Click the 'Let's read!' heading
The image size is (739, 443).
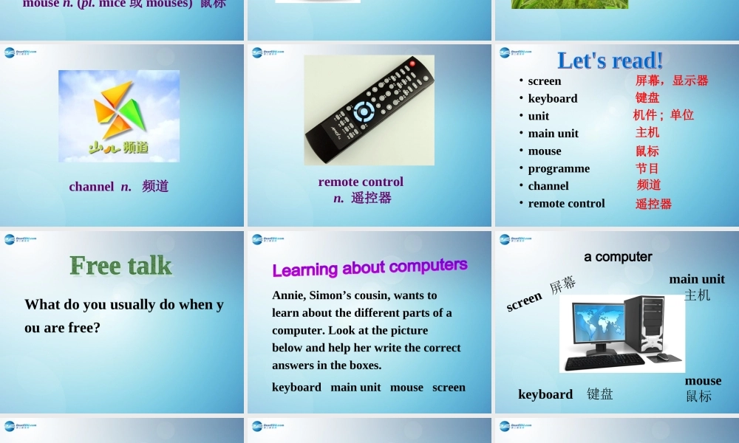pyautogui.click(x=610, y=61)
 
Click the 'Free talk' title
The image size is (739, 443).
pyautogui.click(x=120, y=266)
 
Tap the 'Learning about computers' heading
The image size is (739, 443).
pyautogui.click(x=369, y=267)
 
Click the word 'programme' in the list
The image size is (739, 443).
pyautogui.click(x=559, y=168)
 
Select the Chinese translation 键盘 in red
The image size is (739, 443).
pyautogui.click(x=647, y=97)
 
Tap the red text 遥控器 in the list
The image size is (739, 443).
pyautogui.click(x=653, y=204)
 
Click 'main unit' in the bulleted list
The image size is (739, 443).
pyautogui.click(x=553, y=134)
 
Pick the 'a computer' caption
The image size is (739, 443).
pyautogui.click(x=618, y=257)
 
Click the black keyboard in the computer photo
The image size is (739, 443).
pyautogui.click(x=605, y=360)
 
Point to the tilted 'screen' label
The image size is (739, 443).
pyautogui.click(x=525, y=301)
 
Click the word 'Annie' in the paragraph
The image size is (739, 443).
pyautogui.click(x=287, y=295)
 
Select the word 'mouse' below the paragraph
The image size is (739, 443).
pyautogui.click(x=406, y=388)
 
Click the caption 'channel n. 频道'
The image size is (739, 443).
pyautogui.click(x=119, y=187)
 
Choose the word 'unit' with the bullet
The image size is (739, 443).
pyautogui.click(x=538, y=116)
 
